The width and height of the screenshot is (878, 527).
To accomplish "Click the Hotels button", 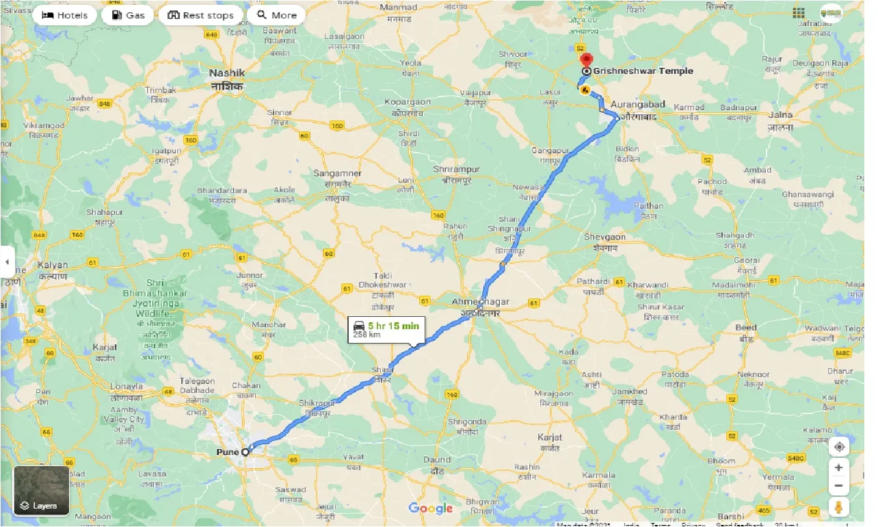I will (x=64, y=15).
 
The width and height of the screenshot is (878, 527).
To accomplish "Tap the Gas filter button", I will (x=128, y=15).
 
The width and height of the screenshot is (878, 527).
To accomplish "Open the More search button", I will (x=277, y=15).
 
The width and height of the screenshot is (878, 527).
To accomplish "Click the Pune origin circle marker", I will (x=245, y=452).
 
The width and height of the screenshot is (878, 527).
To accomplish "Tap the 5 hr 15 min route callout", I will (x=387, y=330).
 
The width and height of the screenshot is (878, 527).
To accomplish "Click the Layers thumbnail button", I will (x=42, y=491).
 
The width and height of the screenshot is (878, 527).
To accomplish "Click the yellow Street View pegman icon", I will (x=839, y=507).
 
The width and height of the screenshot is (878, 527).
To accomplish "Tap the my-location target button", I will (x=839, y=447).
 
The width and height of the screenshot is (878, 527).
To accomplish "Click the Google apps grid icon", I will (x=799, y=13).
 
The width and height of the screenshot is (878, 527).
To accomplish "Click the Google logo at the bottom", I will (x=431, y=508).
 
